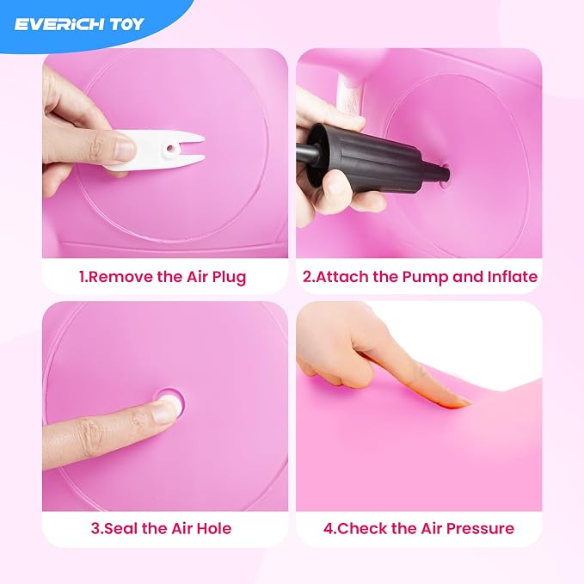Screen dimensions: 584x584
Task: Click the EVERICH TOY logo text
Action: tap(78, 24)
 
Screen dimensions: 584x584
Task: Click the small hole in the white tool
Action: tap(169, 149)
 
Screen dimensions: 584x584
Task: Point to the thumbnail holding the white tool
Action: tap(124, 147)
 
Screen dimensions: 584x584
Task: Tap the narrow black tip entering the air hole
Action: tap(439, 171)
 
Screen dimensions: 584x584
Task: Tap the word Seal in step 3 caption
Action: tap(120, 528)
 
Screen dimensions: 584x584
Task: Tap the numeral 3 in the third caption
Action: tap(95, 528)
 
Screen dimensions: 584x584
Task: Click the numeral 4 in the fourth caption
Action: tap(329, 528)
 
